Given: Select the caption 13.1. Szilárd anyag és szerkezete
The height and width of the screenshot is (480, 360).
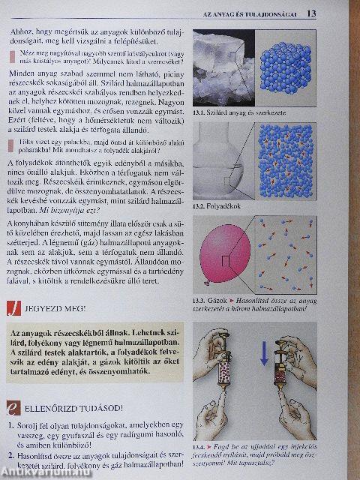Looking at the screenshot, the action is coord(229,112).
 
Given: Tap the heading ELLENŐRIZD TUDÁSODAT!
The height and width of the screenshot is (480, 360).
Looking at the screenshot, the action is coord(67,409).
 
